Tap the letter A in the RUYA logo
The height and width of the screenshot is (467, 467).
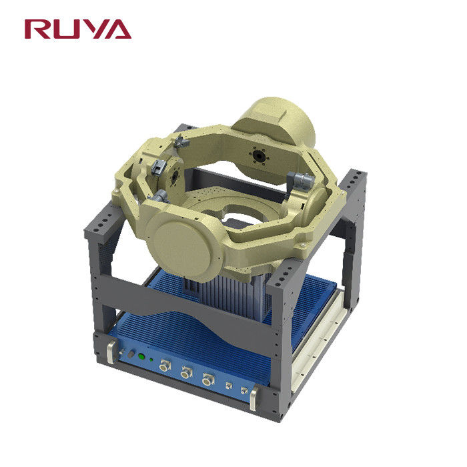click(117, 29)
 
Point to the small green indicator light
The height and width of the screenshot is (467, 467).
click(151, 360)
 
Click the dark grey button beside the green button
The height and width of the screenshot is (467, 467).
click(131, 354)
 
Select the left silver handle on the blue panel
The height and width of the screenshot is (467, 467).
click(111, 352)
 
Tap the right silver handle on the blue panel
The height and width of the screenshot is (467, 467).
click(254, 398)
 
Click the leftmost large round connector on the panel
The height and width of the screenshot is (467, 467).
click(164, 366)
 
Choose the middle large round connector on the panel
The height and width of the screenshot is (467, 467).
click(186, 372)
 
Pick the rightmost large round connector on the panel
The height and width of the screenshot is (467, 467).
click(208, 380)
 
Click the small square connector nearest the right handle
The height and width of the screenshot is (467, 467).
click(244, 390)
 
